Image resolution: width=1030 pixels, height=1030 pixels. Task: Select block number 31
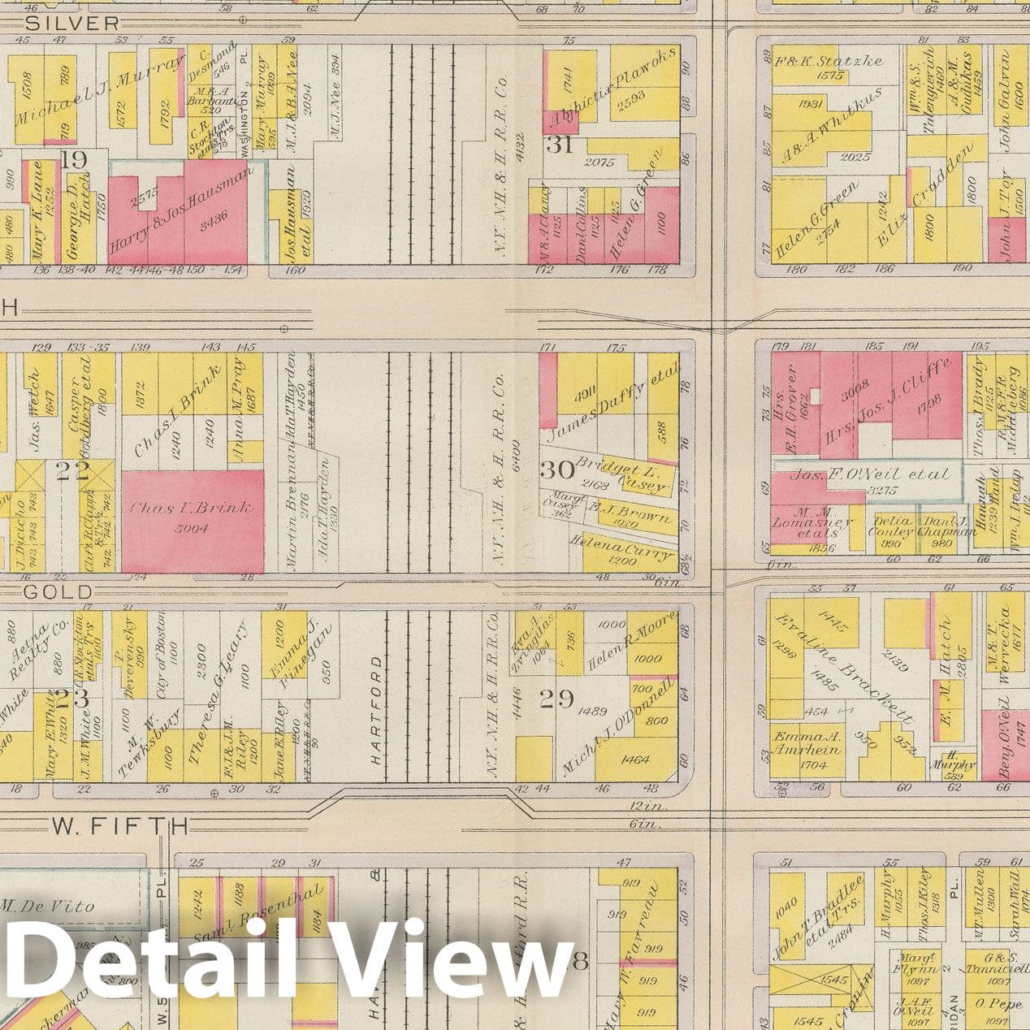(x=560, y=145)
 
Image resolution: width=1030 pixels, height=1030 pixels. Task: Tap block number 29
(x=557, y=699)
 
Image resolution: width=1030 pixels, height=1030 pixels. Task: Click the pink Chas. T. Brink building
(x=193, y=520)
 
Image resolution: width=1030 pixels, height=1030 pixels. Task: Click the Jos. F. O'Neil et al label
(x=869, y=474)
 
